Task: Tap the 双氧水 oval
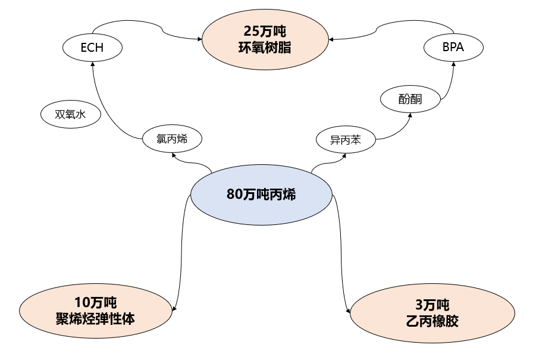pos(70,114)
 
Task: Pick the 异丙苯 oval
pos(345,140)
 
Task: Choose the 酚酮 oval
pos(410,99)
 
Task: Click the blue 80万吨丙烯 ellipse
pos(261,195)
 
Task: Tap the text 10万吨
pos(96,302)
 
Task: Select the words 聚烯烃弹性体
pos(96,318)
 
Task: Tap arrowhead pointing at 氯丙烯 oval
pos(173,155)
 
